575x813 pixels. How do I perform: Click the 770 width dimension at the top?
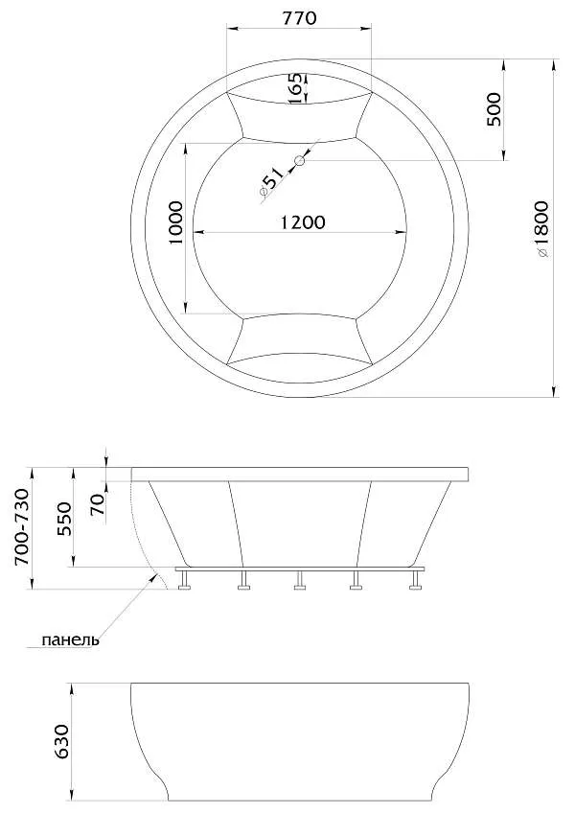pyautogui.click(x=298, y=18)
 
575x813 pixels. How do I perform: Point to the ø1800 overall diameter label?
pyautogui.click(x=542, y=229)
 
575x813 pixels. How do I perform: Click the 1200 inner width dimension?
pyautogui.click(x=303, y=222)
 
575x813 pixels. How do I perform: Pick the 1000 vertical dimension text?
pyautogui.click(x=175, y=223)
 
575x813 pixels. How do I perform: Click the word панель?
pyautogui.click(x=69, y=639)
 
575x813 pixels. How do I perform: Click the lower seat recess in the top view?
pyautogui.click(x=298, y=337)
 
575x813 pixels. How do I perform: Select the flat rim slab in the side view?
pyautogui.click(x=300, y=474)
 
